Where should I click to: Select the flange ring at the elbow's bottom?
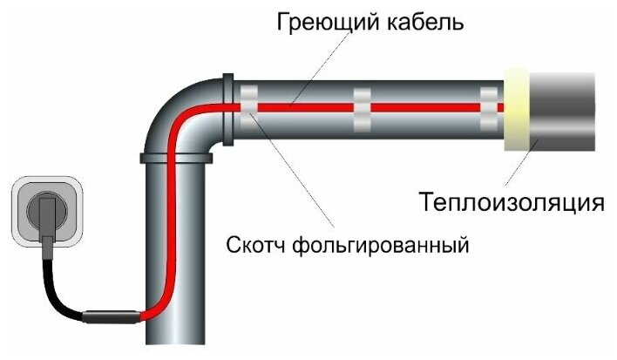(x=174, y=158)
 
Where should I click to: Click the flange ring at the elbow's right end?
(x=228, y=108)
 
